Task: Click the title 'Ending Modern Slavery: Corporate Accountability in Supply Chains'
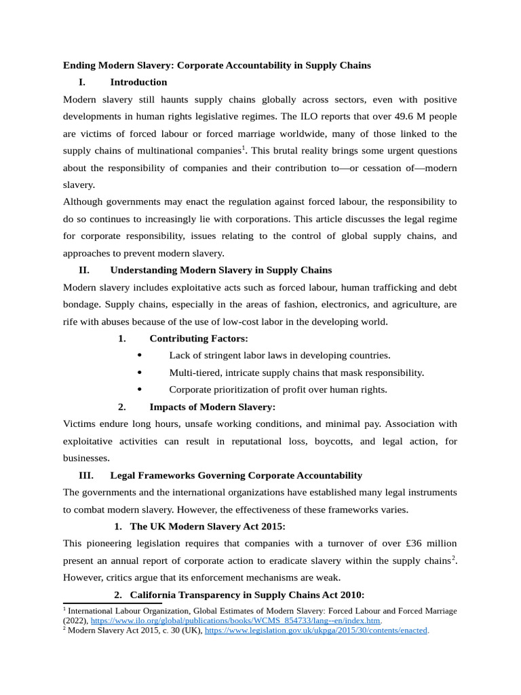pyautogui.click(x=217, y=66)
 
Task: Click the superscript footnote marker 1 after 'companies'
pyautogui.click(x=244, y=148)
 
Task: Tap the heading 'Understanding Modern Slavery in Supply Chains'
pyautogui.click(x=221, y=270)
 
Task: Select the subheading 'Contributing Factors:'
pyautogui.click(x=199, y=338)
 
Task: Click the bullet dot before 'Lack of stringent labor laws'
pyautogui.click(x=139, y=355)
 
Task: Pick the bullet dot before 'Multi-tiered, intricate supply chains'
pyautogui.click(x=139, y=372)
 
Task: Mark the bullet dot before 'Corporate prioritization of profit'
pyautogui.click(x=139, y=389)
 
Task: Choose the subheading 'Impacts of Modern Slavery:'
pyautogui.click(x=212, y=407)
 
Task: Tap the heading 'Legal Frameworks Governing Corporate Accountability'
pyautogui.click(x=236, y=475)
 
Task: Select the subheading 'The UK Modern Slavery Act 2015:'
pyautogui.click(x=208, y=526)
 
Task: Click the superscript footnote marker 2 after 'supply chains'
pyautogui.click(x=453, y=558)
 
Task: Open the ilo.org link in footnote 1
pyautogui.click(x=235, y=620)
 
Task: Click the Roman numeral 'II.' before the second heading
pyautogui.click(x=85, y=270)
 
